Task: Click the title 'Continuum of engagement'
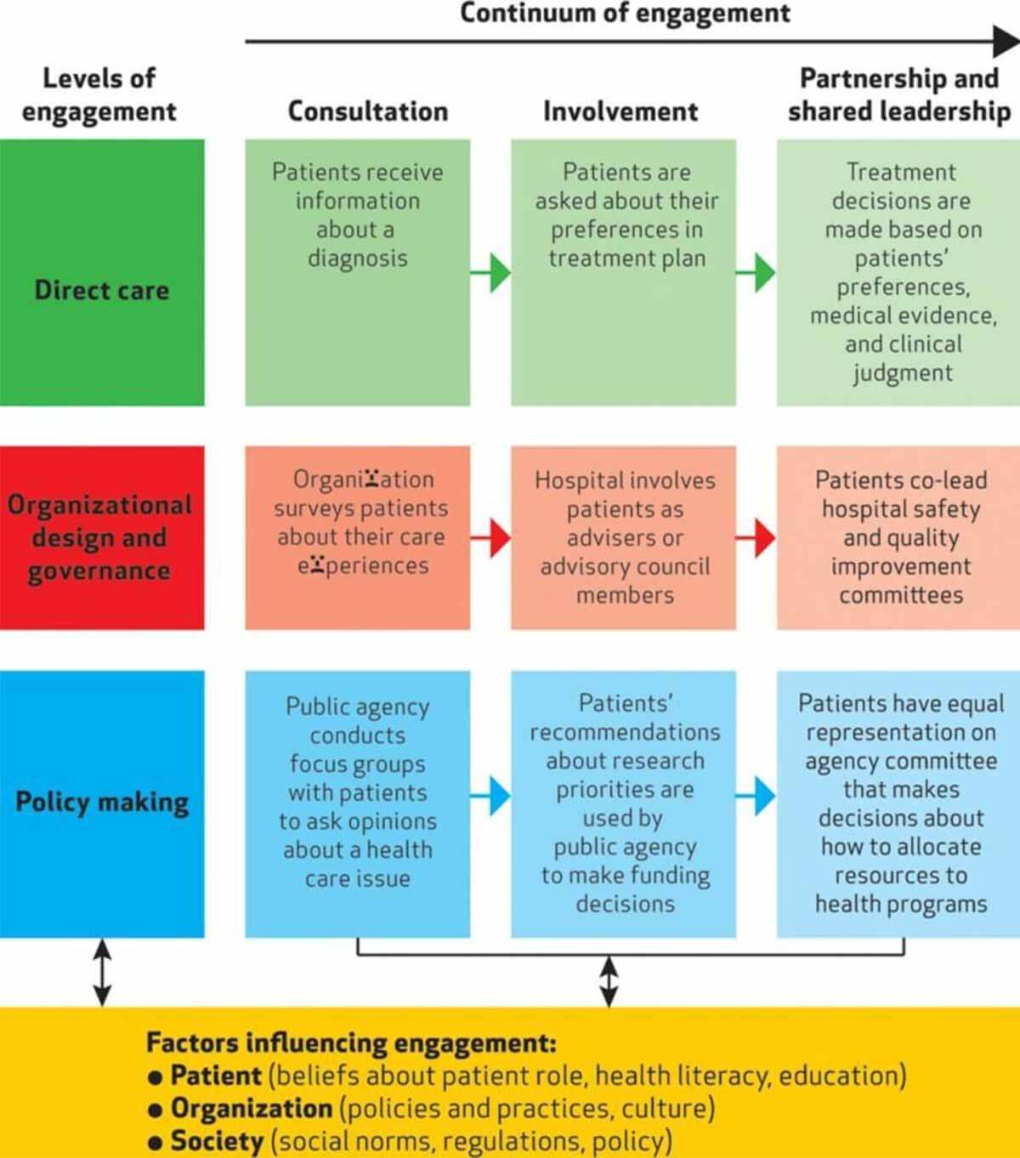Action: (x=625, y=14)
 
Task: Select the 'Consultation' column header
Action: (x=367, y=111)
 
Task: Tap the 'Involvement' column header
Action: (x=620, y=111)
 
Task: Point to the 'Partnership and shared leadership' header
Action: (x=898, y=94)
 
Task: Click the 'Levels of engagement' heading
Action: (x=99, y=94)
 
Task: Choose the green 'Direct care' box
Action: (x=102, y=272)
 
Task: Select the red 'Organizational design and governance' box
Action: (x=102, y=537)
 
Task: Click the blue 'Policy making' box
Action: (x=102, y=803)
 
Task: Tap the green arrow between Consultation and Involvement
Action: (x=491, y=273)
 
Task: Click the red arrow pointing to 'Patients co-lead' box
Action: (x=756, y=538)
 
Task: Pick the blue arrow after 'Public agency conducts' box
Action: (x=491, y=796)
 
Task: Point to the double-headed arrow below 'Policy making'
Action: (x=102, y=972)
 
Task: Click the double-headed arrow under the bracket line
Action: (x=609, y=981)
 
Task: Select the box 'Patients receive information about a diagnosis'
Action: (x=358, y=272)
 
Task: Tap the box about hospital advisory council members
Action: (x=624, y=537)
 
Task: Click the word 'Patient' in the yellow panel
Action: (x=216, y=1076)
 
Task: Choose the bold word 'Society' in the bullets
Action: (x=217, y=1141)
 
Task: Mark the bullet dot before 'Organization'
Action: (x=155, y=1110)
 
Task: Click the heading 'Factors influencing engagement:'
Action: (x=351, y=1042)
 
